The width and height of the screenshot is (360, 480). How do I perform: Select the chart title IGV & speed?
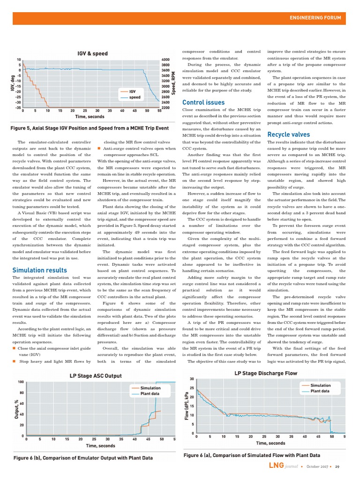click(x=92, y=53)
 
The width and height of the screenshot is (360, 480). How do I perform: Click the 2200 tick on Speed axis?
click(x=165, y=107)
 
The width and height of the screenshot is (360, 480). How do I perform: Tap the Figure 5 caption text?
click(x=90, y=128)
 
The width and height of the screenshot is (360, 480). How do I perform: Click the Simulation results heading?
click(x=39, y=270)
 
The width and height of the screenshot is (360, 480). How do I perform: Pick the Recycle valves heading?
click(x=288, y=135)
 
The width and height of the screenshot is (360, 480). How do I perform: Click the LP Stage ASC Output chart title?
click(x=95, y=376)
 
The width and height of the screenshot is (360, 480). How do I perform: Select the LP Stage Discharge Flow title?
click(x=265, y=373)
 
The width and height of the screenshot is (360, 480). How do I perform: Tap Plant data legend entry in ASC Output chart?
click(x=150, y=394)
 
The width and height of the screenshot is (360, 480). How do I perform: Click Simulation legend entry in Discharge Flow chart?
click(x=320, y=385)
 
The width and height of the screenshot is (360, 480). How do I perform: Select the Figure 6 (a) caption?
click(x=252, y=455)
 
